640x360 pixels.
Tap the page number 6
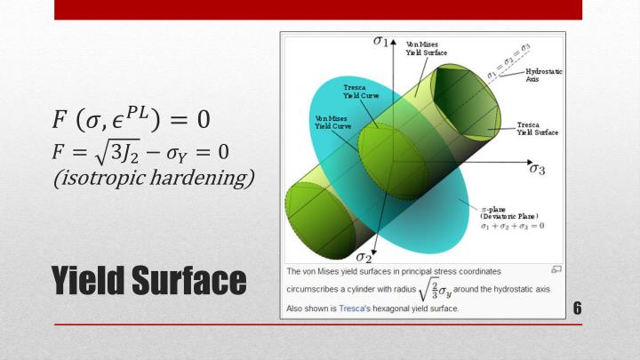(x=577, y=308)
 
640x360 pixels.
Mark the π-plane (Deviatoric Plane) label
(x=511, y=210)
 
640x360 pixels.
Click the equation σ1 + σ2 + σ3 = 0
(x=512, y=226)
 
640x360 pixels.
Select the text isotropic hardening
(x=154, y=177)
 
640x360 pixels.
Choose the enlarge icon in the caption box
(x=556, y=268)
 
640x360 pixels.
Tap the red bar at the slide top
(x=317, y=9)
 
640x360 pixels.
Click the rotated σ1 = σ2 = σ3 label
(x=508, y=60)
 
